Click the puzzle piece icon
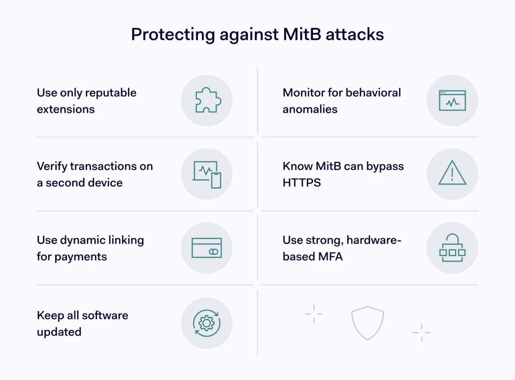[x=207, y=101]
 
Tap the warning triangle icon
[x=452, y=173]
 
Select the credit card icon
[x=207, y=248]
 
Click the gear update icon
[x=207, y=323]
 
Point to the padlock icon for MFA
[x=452, y=248]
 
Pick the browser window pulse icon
[x=452, y=101]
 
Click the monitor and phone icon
[x=207, y=174]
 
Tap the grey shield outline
[x=367, y=322]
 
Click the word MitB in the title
[x=302, y=35]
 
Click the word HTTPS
[x=302, y=183]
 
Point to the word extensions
[x=66, y=109]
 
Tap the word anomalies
[x=310, y=109]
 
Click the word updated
[x=59, y=332]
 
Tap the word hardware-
[x=374, y=240]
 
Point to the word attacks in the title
[x=355, y=35]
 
